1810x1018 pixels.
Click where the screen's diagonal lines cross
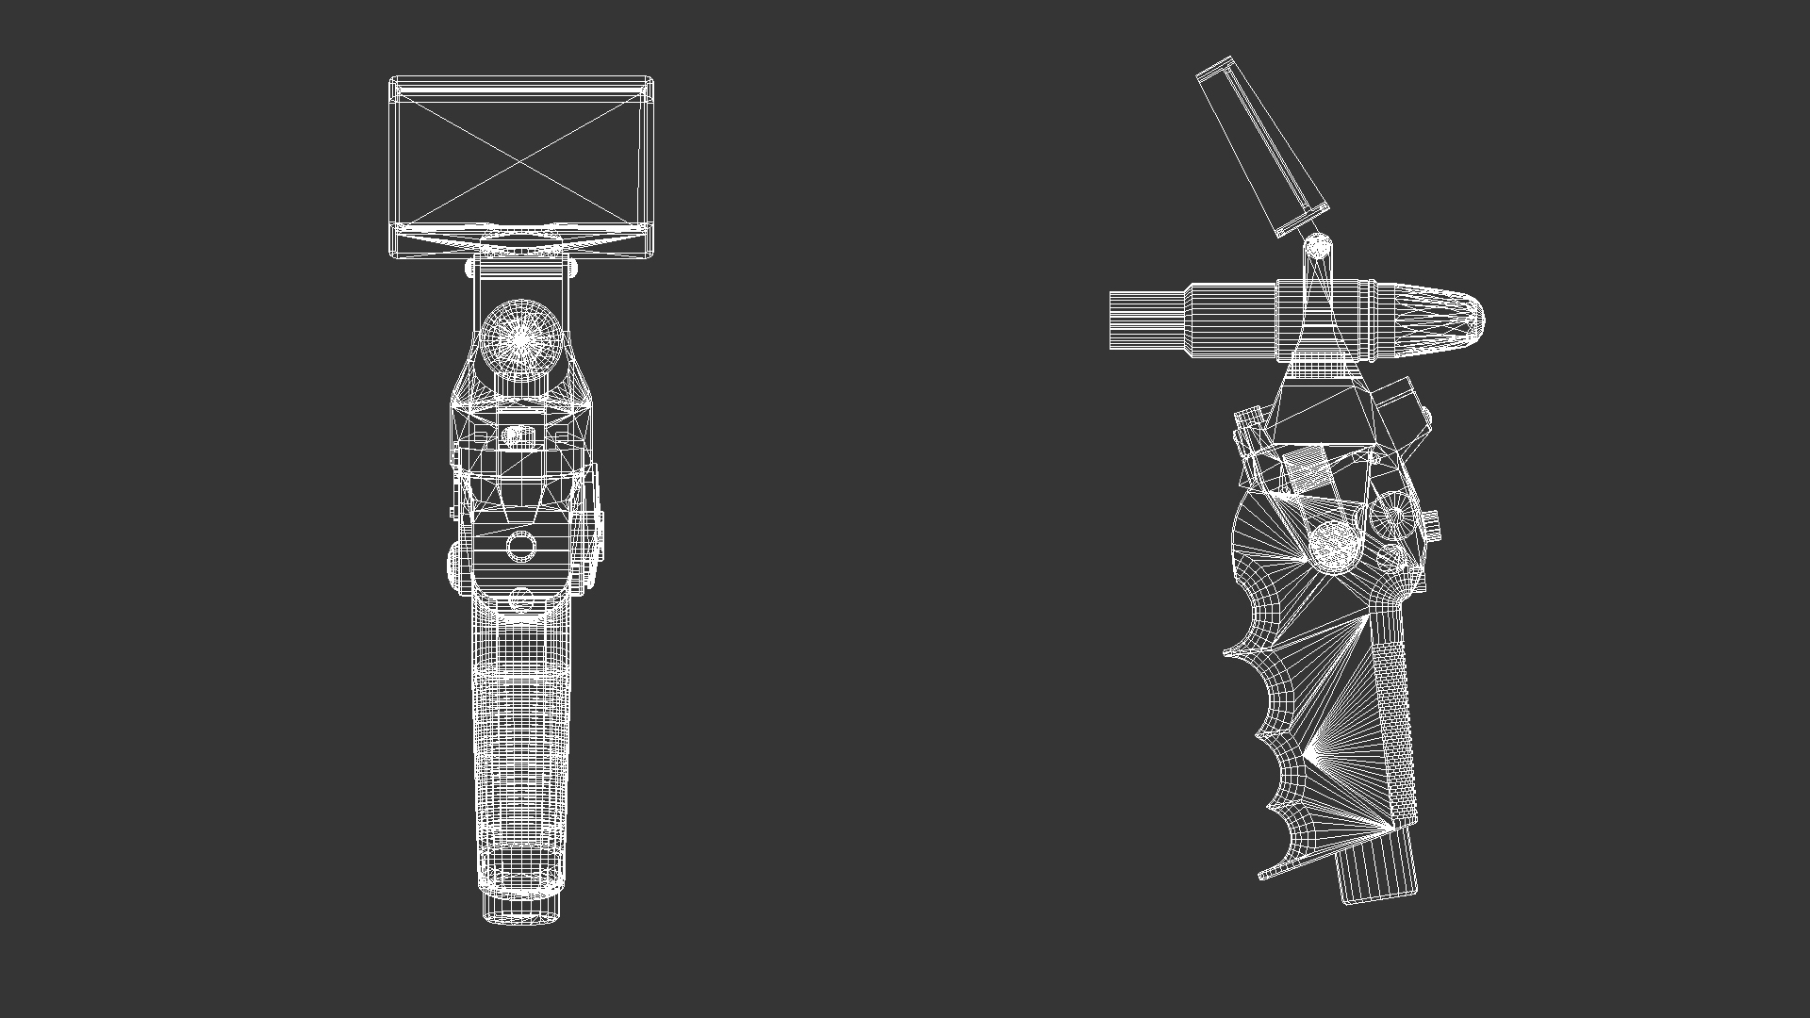click(x=520, y=162)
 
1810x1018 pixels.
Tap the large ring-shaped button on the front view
click(x=520, y=546)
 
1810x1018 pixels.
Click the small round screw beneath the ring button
click(x=521, y=599)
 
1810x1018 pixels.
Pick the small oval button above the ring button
click(x=517, y=435)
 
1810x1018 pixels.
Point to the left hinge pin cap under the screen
click(x=470, y=269)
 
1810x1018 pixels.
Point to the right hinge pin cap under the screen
click(x=571, y=269)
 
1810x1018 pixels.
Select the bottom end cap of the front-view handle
click(x=520, y=907)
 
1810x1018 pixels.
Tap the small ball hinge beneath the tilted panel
click(x=1318, y=247)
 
